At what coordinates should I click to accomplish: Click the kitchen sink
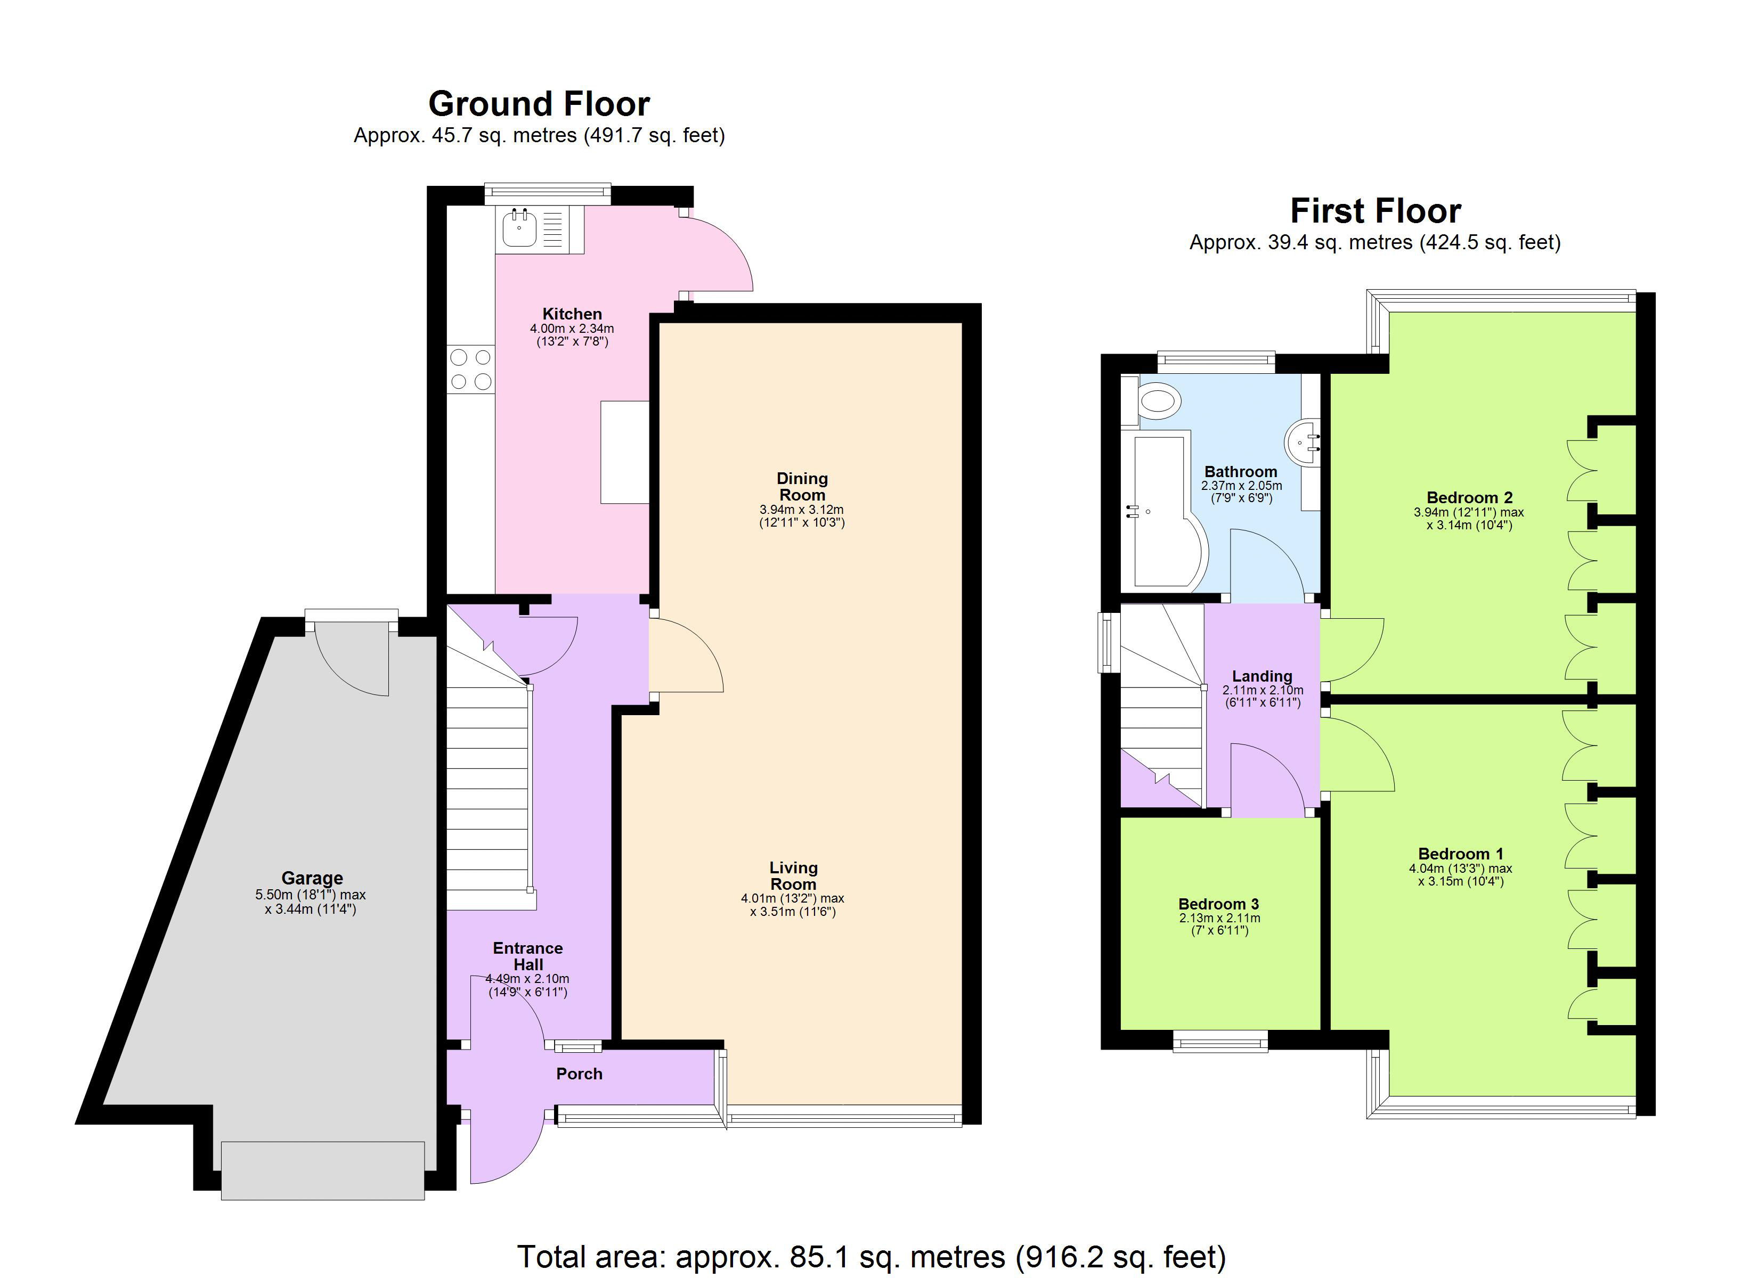click(518, 228)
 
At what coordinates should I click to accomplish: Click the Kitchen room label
click(572, 314)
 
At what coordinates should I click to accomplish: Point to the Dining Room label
click(802, 487)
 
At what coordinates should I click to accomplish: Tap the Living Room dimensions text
click(792, 905)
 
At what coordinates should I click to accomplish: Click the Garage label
click(312, 878)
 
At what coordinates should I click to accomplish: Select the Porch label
click(579, 1074)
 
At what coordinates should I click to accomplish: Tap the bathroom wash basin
click(1302, 442)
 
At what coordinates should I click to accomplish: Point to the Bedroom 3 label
click(1218, 904)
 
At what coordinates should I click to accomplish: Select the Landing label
click(1262, 676)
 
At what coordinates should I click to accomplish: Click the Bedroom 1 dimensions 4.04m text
click(1460, 869)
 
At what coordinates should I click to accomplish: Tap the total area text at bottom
click(871, 1256)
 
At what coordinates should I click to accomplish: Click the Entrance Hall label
click(528, 956)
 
